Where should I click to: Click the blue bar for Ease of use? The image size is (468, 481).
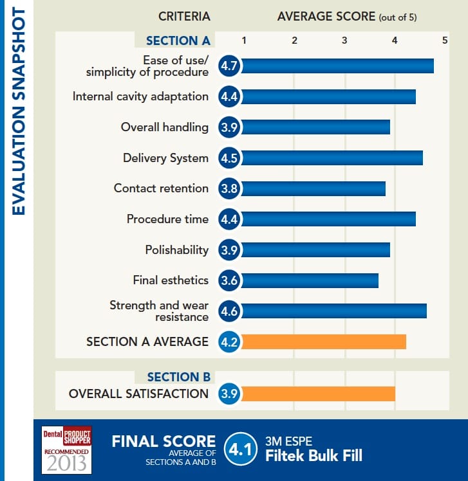coord(337,66)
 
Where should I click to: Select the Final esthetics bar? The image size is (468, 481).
coord(309,280)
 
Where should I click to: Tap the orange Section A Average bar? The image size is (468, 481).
coord(323,341)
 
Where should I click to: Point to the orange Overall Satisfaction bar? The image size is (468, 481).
coord(317,394)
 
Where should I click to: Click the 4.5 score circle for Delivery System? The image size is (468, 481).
coord(229,158)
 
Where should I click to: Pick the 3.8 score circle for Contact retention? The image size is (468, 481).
coord(229,188)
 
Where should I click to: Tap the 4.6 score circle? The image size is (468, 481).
coord(229,311)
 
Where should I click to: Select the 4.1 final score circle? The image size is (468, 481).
coord(240,450)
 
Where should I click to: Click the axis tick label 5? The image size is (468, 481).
coord(444,41)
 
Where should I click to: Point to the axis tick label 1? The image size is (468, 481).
coord(244,41)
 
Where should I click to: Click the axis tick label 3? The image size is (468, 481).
coord(344,41)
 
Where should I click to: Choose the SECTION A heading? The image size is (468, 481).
coord(178,41)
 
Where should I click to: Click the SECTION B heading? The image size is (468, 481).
coord(178,377)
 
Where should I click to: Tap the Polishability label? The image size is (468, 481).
coord(176,250)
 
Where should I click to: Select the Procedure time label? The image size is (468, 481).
coord(167,219)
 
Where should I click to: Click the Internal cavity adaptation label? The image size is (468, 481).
coord(140,96)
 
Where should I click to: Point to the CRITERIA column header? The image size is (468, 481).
coord(184,17)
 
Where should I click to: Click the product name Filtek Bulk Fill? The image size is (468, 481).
coord(314,457)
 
